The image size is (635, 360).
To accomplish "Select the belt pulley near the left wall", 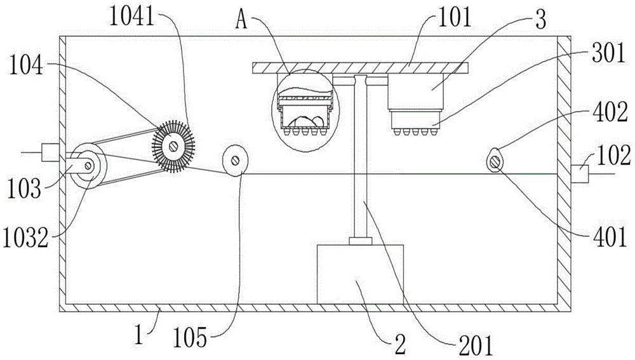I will (x=88, y=166).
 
